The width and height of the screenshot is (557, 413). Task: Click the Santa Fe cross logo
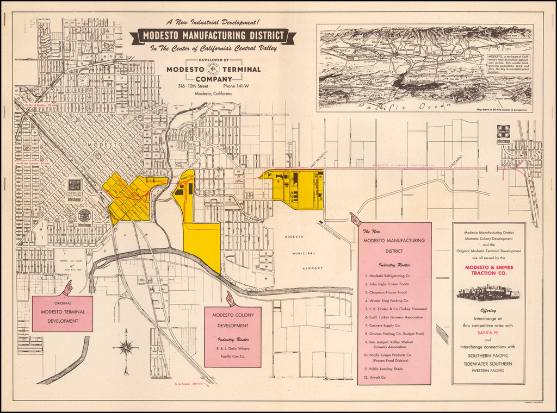point(503,131)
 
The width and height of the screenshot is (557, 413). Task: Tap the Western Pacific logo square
point(75,185)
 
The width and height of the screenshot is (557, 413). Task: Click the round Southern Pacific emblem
point(84,216)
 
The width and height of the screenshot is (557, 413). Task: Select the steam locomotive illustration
point(488,292)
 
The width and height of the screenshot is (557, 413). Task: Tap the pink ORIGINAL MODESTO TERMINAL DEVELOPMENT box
point(62,313)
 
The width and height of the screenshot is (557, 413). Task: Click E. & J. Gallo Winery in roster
point(233,348)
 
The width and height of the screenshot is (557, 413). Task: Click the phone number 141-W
point(236,86)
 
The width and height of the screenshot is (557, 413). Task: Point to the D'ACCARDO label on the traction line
point(456,161)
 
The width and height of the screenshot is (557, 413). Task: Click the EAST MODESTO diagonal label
point(319,158)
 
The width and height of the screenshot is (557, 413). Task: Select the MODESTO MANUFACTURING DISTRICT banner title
point(213,36)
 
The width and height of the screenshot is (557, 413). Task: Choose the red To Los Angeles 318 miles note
point(189,384)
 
